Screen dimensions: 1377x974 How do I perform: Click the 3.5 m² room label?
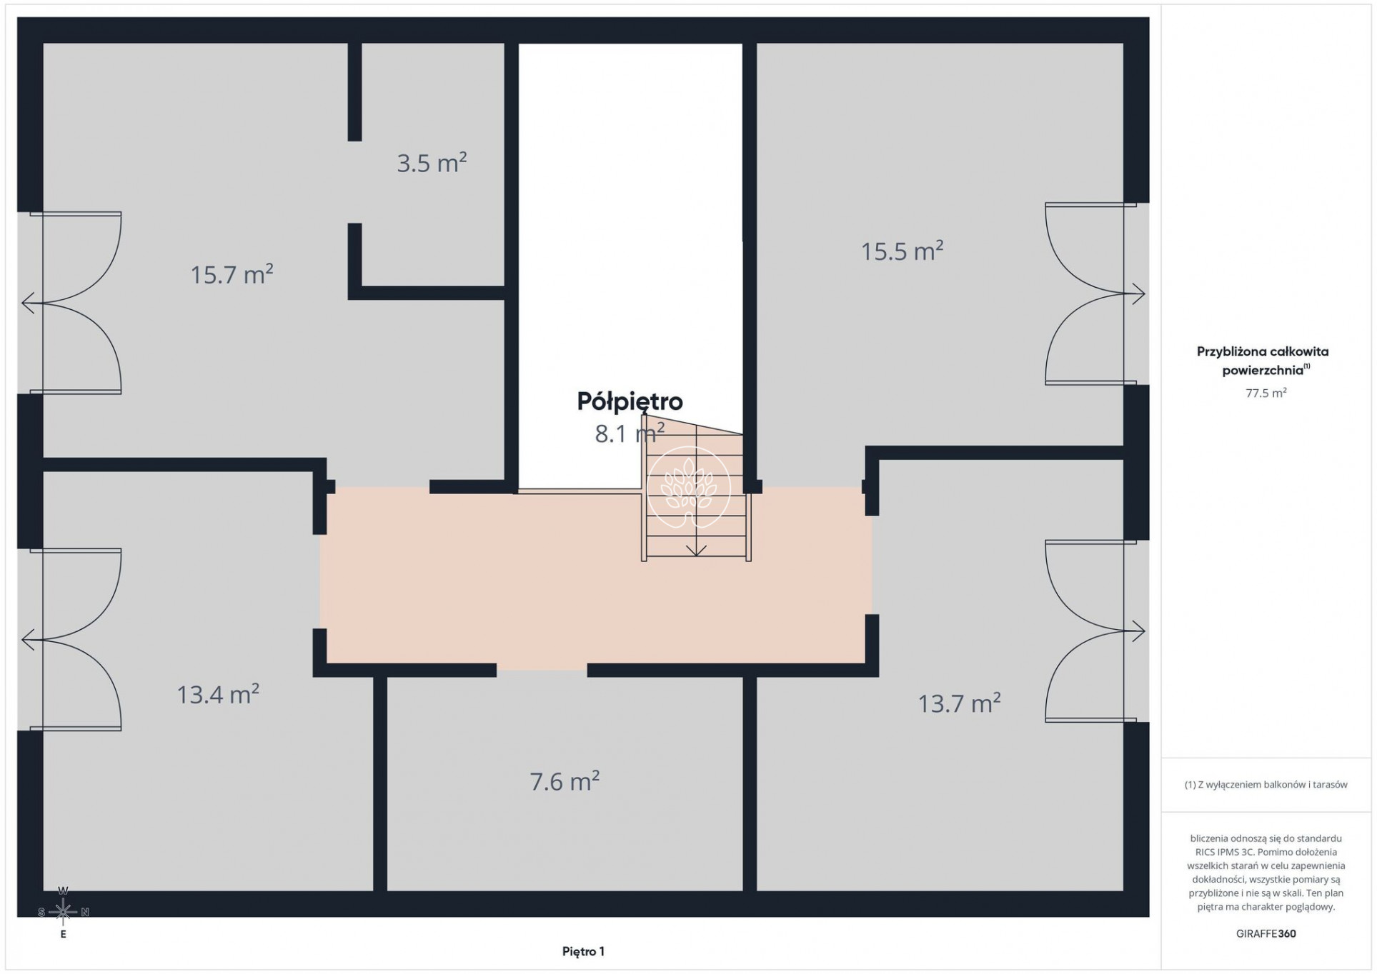(432, 163)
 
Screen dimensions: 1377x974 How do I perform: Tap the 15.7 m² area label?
(232, 274)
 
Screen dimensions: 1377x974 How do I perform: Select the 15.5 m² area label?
(902, 251)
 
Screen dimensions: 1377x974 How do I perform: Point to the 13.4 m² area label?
(218, 694)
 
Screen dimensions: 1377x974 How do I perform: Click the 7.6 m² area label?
(565, 781)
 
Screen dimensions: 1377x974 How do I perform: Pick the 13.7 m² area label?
(959, 703)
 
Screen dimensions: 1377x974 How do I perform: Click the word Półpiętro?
(630, 401)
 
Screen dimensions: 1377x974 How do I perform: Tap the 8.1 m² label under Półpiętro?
(630, 433)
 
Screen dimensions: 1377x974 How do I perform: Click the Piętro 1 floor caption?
(583, 951)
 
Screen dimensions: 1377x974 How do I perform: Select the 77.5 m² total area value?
(1266, 393)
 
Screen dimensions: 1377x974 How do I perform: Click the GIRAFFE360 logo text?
(1266, 933)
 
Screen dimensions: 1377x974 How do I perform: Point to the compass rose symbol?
(63, 912)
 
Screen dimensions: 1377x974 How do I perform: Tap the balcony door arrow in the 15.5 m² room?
(1134, 293)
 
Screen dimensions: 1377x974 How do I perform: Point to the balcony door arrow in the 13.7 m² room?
(1134, 631)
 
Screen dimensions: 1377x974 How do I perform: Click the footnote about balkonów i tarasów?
(1266, 785)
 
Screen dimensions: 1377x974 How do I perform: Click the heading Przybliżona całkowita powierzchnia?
(1263, 361)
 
